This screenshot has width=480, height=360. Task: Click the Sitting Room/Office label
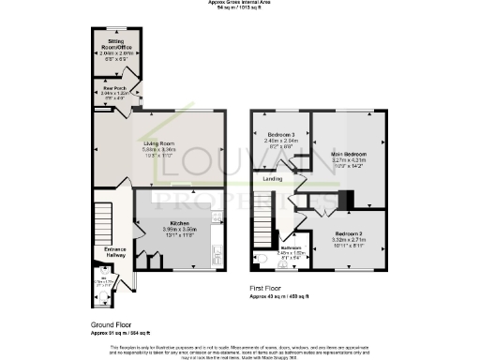pyautogui.click(x=116, y=43)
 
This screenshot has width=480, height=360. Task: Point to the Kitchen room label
pyautogui.click(x=181, y=222)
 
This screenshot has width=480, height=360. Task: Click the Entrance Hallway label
pyautogui.click(x=115, y=252)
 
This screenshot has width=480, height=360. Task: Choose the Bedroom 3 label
pyautogui.click(x=281, y=135)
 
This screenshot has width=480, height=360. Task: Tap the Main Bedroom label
pyautogui.click(x=348, y=153)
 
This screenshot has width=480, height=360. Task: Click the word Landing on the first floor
pyautogui.click(x=273, y=178)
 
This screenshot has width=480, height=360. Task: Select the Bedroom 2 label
pyautogui.click(x=348, y=232)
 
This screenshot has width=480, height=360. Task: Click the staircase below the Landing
pyautogui.click(x=263, y=225)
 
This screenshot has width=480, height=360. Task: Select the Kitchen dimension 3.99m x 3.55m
pyautogui.click(x=181, y=229)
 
